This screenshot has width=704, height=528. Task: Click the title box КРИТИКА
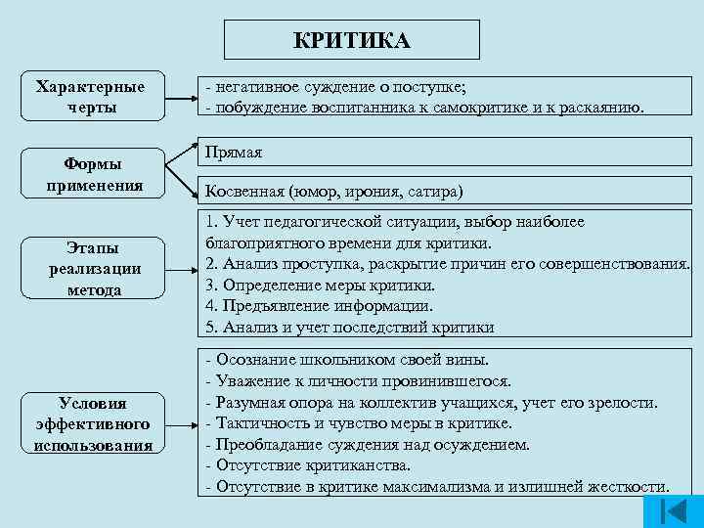click(x=352, y=40)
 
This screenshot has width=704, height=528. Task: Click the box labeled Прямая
click(x=233, y=154)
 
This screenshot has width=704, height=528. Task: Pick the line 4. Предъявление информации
click(x=319, y=306)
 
